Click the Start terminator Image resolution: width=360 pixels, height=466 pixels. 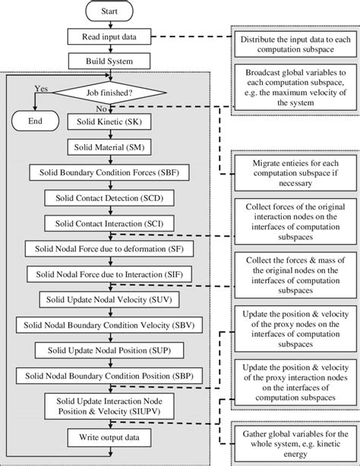(109, 13)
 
